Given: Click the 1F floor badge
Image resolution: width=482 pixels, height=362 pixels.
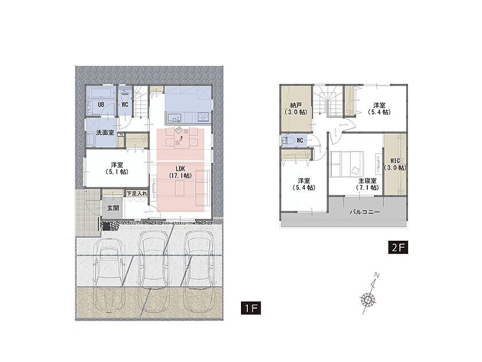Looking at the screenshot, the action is pos(251,308).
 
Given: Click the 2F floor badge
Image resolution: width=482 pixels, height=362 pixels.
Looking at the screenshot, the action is pos(398,247).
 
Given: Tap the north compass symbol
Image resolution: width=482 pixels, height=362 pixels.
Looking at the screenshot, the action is pos(368,294).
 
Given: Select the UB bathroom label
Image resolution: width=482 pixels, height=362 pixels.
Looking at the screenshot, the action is pos(101,105).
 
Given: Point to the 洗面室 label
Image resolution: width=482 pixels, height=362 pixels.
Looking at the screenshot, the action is pos(105,133).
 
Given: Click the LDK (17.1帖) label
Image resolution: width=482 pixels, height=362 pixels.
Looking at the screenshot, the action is pos(180,172).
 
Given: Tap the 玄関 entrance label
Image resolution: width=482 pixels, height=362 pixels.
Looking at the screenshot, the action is pos(113,208).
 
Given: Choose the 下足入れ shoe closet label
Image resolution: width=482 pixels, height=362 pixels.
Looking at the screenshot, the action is pos(137,194).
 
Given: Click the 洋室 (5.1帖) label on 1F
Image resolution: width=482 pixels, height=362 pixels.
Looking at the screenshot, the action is pos(117,168).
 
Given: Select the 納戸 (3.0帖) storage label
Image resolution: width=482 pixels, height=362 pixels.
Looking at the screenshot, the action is pos(296,109).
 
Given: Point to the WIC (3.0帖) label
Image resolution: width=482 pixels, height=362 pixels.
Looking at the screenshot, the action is pos(395,164).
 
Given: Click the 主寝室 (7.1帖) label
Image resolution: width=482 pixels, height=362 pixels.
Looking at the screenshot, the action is pos(367,184).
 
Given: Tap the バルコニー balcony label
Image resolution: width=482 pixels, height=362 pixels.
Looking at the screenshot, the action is pos(365,212).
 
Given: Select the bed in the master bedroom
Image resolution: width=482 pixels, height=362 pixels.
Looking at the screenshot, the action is pos(347,164).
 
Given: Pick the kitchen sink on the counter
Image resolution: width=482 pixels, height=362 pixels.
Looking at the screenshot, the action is pos(174,118).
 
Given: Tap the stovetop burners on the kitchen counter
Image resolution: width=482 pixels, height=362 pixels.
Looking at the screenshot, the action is pos(203,117).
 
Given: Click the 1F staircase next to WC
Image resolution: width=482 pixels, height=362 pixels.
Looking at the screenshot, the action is pos(140,101).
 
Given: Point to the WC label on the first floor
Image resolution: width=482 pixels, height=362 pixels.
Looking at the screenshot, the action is pos(125,105).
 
